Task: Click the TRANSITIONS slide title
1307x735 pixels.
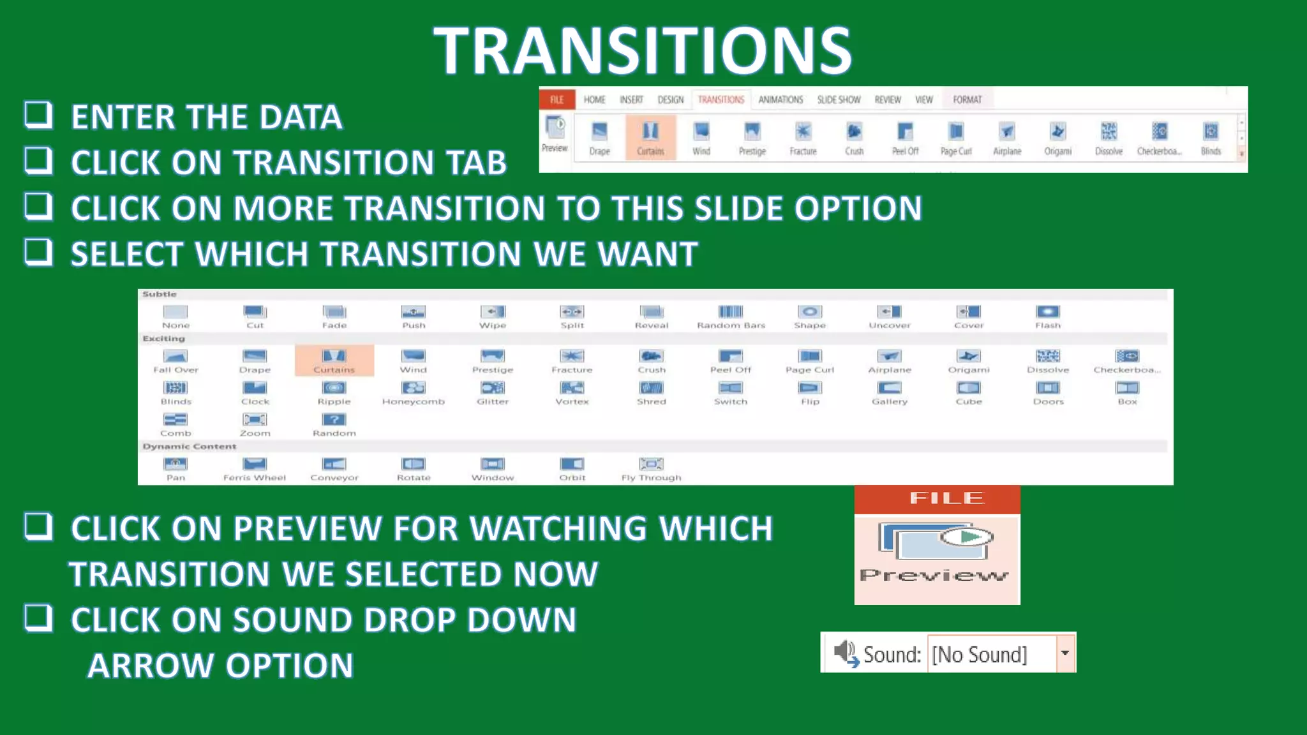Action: point(643,51)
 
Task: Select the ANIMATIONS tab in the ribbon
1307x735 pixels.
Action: point(780,100)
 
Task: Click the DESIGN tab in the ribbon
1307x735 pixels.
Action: point(670,100)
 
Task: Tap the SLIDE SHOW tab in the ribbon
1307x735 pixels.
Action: point(839,100)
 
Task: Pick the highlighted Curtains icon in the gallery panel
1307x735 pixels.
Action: point(334,356)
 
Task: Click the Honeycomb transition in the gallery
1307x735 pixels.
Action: point(413,388)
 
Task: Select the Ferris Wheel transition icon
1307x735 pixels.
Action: point(255,464)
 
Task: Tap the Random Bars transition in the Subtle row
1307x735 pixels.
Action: point(731,312)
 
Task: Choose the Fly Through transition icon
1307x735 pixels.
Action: point(651,464)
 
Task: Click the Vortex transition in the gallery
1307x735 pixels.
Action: point(572,388)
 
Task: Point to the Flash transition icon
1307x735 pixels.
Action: point(1047,312)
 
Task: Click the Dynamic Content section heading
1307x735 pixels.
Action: point(190,447)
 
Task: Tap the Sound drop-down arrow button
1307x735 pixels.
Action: point(1064,653)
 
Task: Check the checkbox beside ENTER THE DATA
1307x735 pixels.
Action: point(38,115)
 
